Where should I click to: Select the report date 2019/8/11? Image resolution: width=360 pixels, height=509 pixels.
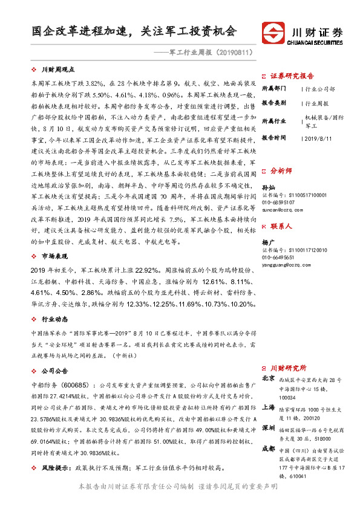[319, 138]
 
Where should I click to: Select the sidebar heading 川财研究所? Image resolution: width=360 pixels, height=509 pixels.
[288, 367]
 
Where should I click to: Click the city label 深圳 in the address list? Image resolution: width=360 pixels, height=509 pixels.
[268, 427]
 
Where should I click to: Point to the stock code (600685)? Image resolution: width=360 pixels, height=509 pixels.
[74, 385]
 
